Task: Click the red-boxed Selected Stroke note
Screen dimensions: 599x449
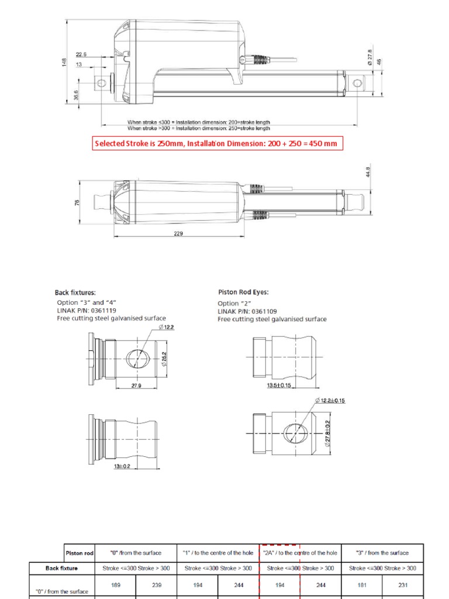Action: pyautogui.click(x=215, y=143)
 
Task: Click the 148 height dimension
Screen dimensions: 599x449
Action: pyautogui.click(x=65, y=62)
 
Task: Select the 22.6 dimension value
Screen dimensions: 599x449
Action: pyautogui.click(x=81, y=54)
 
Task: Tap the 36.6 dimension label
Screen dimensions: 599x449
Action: pyautogui.click(x=76, y=95)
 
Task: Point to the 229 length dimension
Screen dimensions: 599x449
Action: pyautogui.click(x=178, y=233)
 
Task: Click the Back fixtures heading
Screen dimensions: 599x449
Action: pyautogui.click(x=75, y=292)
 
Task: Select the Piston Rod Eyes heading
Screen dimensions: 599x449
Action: pyautogui.click(x=243, y=292)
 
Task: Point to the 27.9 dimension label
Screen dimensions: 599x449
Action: pyautogui.click(x=137, y=385)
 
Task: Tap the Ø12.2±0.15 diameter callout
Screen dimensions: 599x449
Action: pyautogui.click(x=330, y=400)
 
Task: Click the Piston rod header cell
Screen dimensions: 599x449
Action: pyautogui.click(x=78, y=552)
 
